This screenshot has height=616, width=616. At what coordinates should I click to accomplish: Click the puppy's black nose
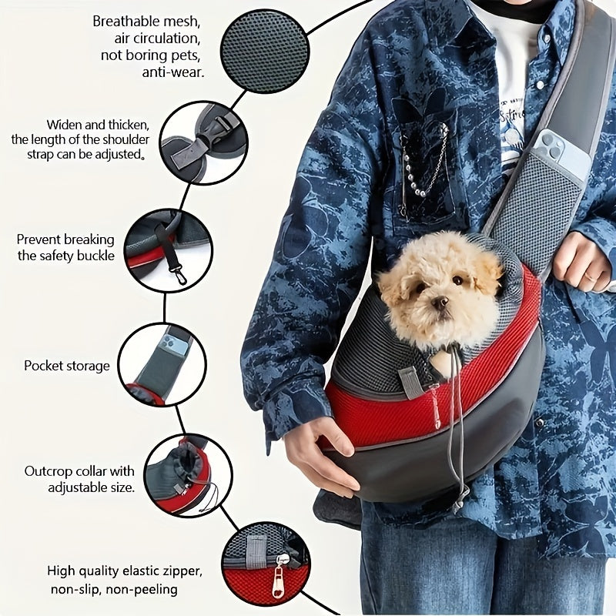click(x=440, y=303)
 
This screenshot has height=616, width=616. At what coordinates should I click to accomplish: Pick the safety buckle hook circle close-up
click(x=167, y=250)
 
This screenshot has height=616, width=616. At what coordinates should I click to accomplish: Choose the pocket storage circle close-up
click(x=162, y=364)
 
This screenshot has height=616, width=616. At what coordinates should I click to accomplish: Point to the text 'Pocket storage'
click(x=67, y=366)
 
